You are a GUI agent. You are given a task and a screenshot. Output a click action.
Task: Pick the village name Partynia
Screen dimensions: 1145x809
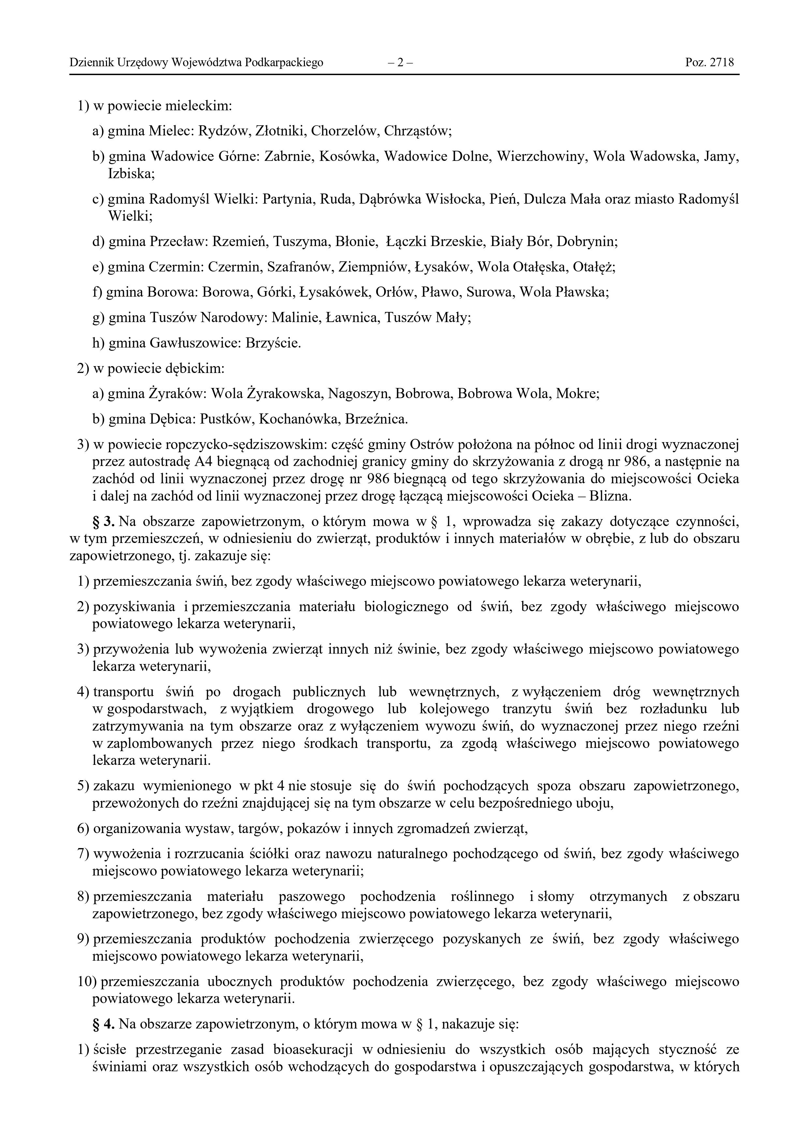(288, 199)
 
